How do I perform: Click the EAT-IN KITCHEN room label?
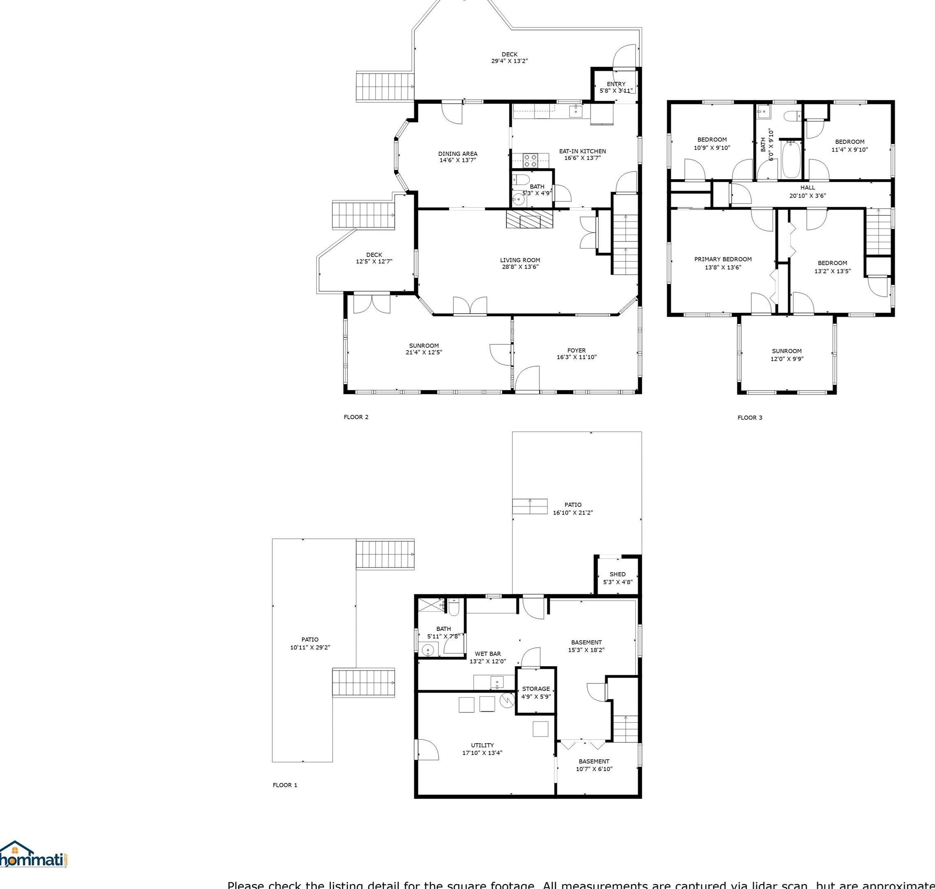click(x=582, y=151)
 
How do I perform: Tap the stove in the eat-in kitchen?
click(x=530, y=160)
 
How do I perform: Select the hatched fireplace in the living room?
click(x=529, y=219)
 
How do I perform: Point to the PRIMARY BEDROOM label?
click(x=722, y=259)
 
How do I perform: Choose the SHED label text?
click(x=617, y=574)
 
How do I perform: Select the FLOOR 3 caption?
click(x=750, y=418)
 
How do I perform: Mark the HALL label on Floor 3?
click(x=808, y=188)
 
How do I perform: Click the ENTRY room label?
click(x=616, y=84)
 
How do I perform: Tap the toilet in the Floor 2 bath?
click(x=521, y=180)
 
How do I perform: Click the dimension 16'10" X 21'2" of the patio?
click(x=573, y=512)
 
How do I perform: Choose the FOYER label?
click(x=576, y=350)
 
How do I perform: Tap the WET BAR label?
click(x=487, y=653)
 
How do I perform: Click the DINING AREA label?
click(x=458, y=154)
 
